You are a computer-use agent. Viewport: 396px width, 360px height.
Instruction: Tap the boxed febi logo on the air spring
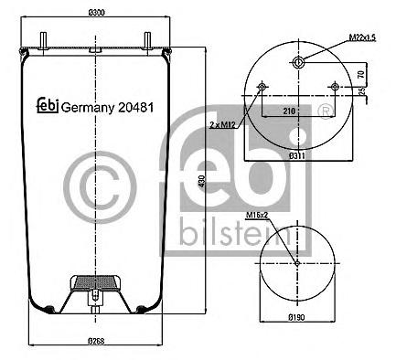click(x=46, y=107)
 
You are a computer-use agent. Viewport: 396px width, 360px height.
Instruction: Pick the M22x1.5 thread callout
click(x=363, y=37)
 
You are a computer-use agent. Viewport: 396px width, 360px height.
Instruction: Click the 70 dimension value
click(x=361, y=74)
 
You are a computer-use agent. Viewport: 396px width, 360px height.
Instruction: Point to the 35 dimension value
click(x=361, y=91)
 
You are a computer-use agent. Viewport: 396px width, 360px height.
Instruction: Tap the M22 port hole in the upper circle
click(x=298, y=62)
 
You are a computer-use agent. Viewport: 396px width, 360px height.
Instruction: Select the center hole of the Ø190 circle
click(x=298, y=264)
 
